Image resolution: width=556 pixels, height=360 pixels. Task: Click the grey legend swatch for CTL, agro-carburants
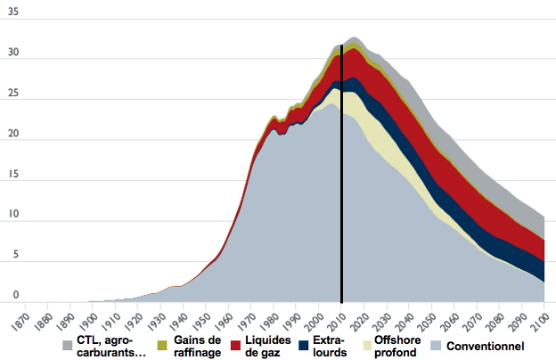(67, 345)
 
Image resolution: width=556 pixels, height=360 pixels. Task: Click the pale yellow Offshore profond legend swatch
(366, 345)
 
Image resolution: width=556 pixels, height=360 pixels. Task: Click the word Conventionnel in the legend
(485, 345)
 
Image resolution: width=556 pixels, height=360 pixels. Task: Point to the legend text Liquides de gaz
(268, 345)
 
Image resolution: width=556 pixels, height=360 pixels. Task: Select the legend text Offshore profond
(396, 345)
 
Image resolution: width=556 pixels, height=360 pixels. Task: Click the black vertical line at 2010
(341, 178)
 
